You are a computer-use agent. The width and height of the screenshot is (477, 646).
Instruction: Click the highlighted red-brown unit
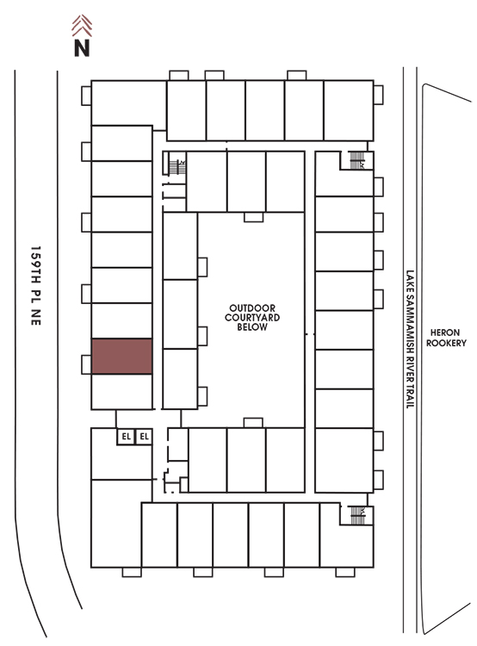point(122,357)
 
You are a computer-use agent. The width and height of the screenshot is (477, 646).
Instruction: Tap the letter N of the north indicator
point(82,47)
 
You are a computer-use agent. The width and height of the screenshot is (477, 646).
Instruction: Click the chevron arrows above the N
point(82,25)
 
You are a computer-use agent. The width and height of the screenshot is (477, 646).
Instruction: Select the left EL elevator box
point(126,437)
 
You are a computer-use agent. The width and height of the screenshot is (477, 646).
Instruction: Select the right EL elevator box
point(144,437)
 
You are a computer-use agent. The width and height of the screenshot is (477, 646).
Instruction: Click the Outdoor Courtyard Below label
point(252,318)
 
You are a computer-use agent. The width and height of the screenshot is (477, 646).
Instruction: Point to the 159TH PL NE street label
point(36,286)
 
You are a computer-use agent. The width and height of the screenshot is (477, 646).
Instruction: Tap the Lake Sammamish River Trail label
point(410,339)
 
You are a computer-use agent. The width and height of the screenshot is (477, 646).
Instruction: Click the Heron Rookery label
point(446,338)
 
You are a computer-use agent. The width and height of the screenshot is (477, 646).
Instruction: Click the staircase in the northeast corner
point(356,160)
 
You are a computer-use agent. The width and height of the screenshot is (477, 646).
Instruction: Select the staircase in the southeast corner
point(357,515)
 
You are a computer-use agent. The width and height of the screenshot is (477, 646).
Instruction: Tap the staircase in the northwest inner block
point(177,167)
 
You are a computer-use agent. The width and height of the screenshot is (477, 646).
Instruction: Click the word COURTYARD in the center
point(252,318)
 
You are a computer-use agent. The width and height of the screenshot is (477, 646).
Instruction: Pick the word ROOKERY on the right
point(446,343)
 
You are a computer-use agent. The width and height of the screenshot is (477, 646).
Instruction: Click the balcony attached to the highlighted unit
point(86,364)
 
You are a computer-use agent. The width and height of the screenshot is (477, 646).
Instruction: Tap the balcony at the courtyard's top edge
point(253,217)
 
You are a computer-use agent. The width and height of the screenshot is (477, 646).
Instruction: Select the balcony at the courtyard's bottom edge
point(253,423)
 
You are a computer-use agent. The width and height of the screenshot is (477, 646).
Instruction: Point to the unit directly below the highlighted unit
point(122,392)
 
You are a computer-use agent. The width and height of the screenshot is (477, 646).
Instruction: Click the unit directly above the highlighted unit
point(122,321)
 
